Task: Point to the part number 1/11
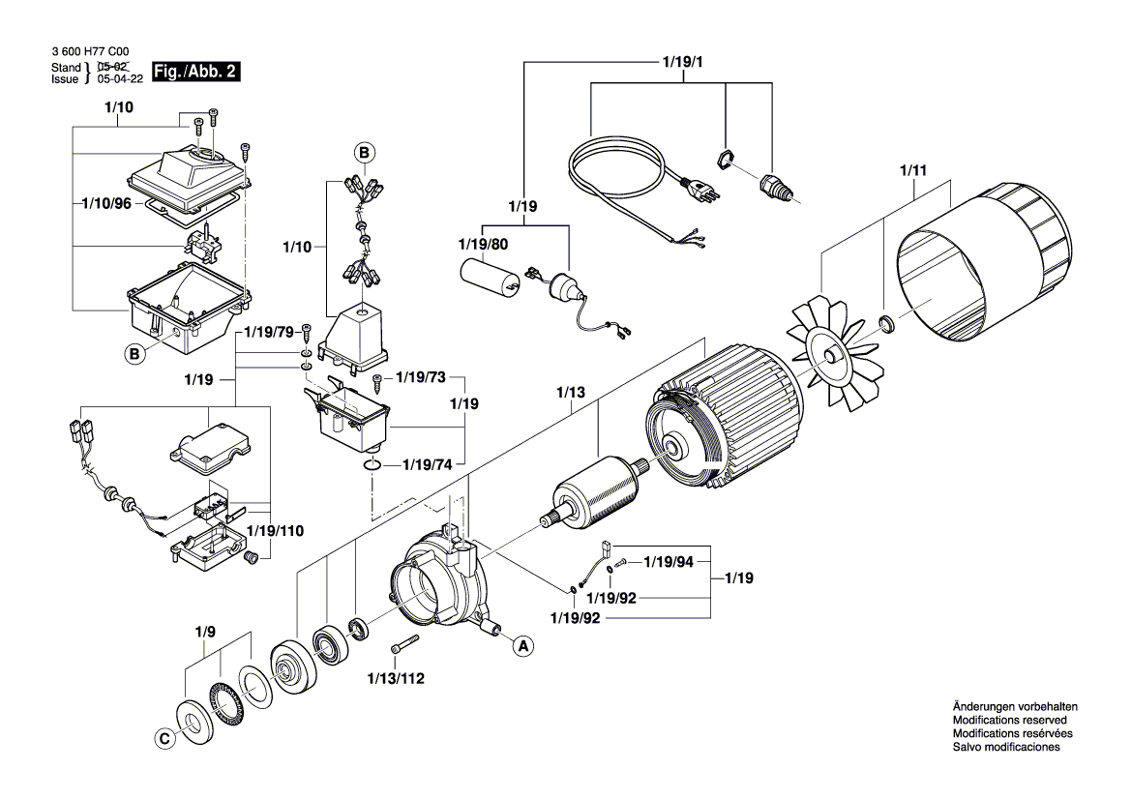(x=912, y=170)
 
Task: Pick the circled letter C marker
(x=164, y=738)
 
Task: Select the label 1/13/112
(x=395, y=678)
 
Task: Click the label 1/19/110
(x=276, y=531)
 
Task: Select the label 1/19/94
(x=669, y=561)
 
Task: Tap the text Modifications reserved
(x=1009, y=721)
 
